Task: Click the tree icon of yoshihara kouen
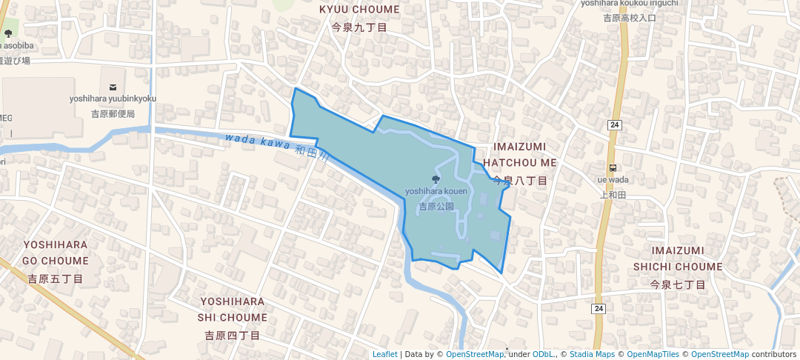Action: (x=436, y=179)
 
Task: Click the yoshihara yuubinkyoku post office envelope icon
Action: (x=113, y=87)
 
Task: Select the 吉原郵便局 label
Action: (x=113, y=114)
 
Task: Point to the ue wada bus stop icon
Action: (x=613, y=167)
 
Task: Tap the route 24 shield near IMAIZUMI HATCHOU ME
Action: (x=615, y=124)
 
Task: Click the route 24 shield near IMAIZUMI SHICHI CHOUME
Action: (x=599, y=308)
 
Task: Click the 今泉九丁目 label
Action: (x=359, y=27)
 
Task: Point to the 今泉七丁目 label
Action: (x=678, y=284)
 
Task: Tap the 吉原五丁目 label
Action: (x=56, y=279)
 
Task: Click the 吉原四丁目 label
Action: (x=233, y=336)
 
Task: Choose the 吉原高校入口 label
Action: (x=629, y=18)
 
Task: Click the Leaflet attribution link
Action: (x=384, y=354)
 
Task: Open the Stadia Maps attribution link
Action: (x=591, y=354)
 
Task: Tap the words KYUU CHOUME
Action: (x=359, y=10)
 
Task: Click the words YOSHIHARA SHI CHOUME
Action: (x=233, y=309)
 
